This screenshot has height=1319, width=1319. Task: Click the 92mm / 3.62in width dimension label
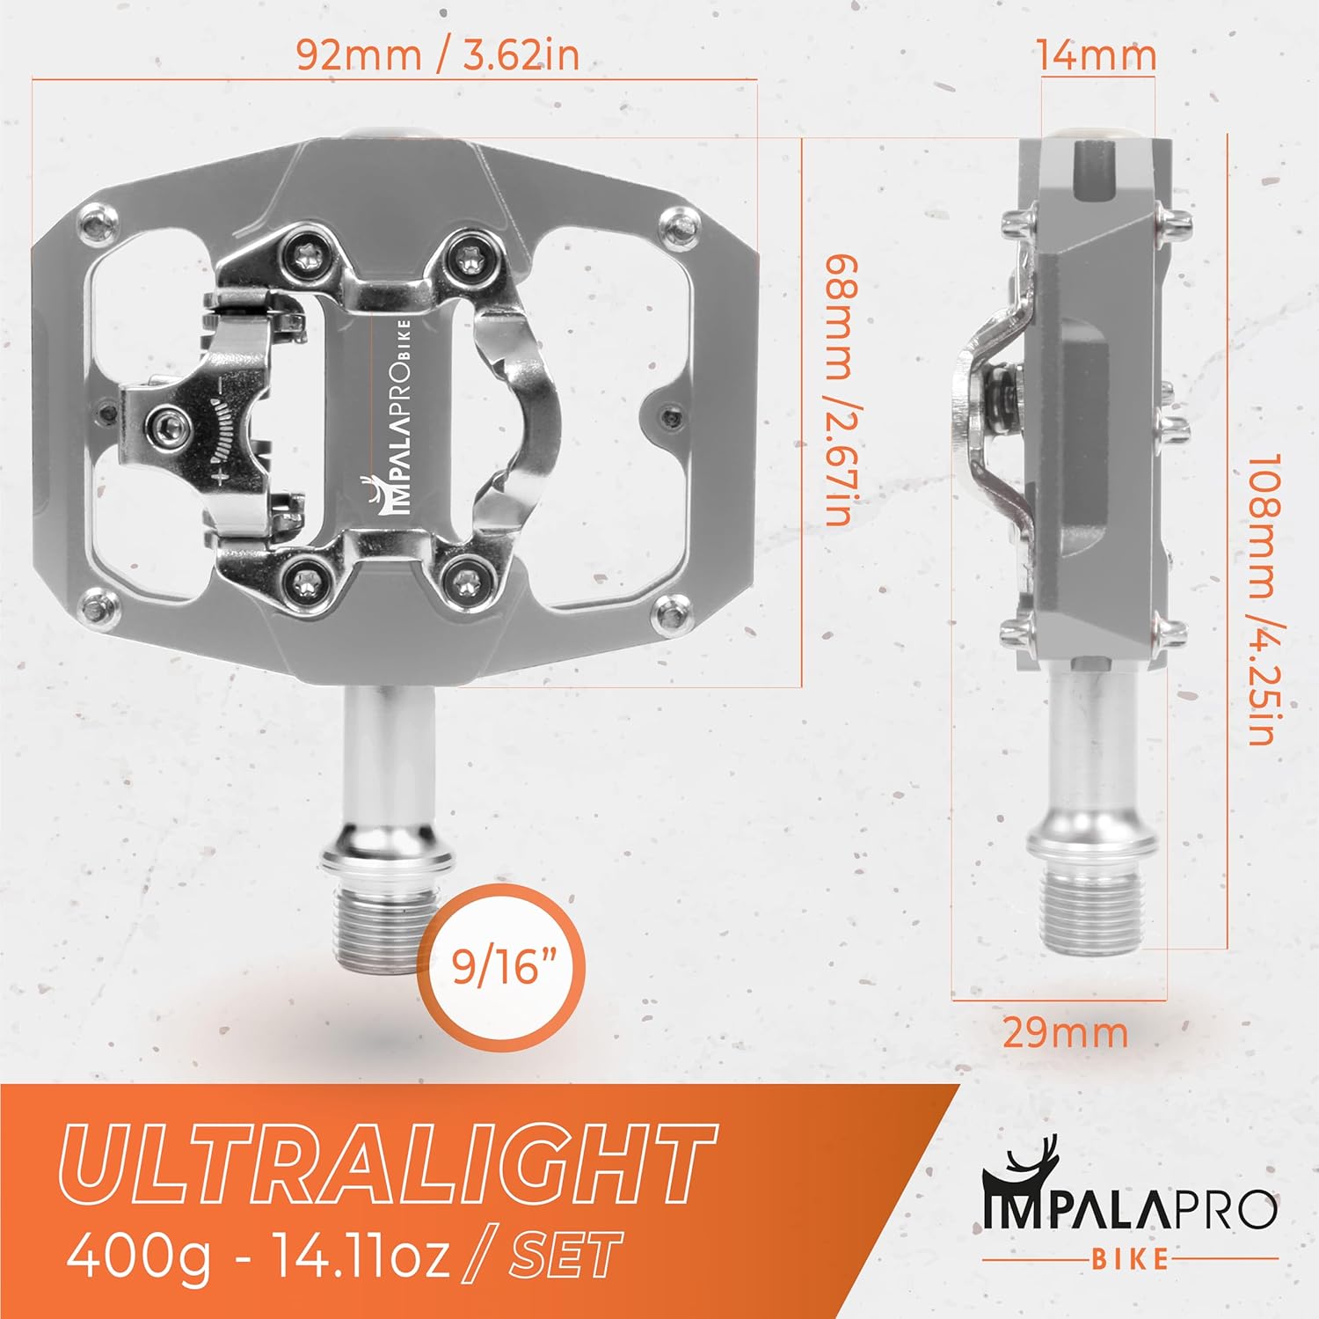pos(437,55)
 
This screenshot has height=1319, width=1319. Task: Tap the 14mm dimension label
pos(1095,55)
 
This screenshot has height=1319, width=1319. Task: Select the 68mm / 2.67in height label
pos(840,390)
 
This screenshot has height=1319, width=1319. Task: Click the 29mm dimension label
pos(1065,1033)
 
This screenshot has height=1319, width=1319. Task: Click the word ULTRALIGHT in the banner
pos(387,1164)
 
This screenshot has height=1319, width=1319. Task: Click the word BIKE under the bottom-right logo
pos(1130,1259)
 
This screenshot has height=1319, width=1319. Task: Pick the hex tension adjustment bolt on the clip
pos(170,429)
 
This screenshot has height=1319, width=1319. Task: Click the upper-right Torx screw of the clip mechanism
pos(466,257)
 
